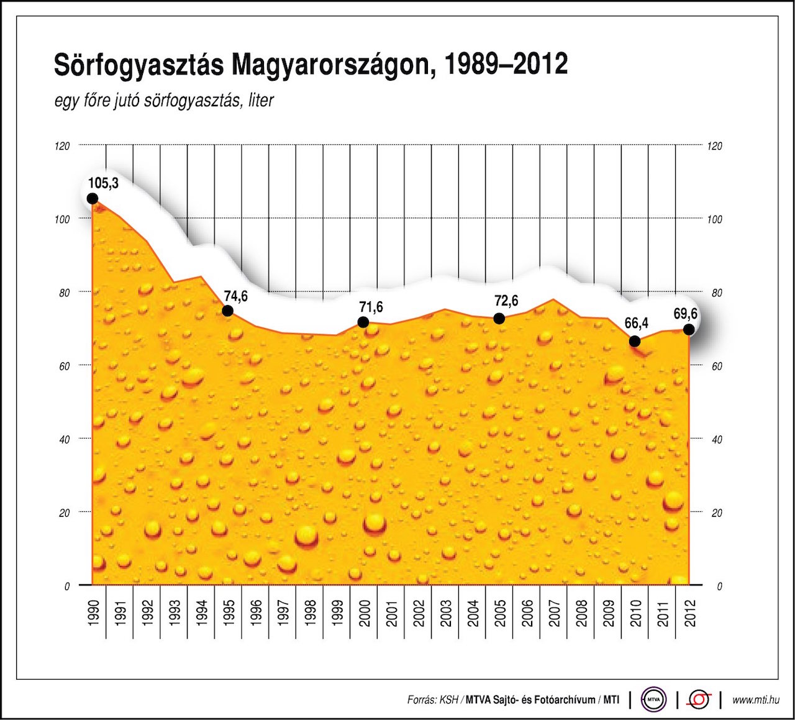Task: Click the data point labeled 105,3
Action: click(93, 199)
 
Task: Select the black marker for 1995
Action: click(227, 311)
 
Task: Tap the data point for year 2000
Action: click(363, 322)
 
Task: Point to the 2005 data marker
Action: click(499, 318)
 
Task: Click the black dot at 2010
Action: click(634, 341)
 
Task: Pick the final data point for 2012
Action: click(689, 329)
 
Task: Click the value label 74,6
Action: click(236, 296)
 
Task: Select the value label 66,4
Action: click(636, 323)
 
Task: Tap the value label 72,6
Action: click(506, 301)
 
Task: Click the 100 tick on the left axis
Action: click(63, 219)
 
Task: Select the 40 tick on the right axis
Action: click(717, 440)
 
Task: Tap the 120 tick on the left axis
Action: click(63, 146)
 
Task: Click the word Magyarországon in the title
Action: click(329, 65)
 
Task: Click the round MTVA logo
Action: click(653, 699)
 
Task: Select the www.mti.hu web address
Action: click(756, 700)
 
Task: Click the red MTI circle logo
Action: click(699, 699)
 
